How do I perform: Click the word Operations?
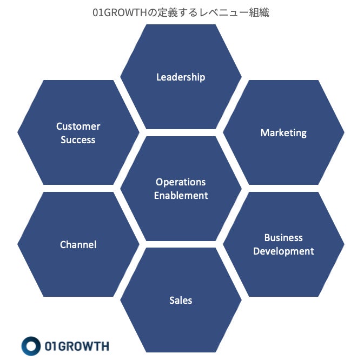click(x=181, y=182)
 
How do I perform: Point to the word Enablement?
click(x=181, y=196)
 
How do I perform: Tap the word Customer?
click(x=78, y=126)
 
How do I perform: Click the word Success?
click(x=78, y=140)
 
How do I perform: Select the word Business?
click(x=283, y=238)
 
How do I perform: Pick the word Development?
click(x=283, y=251)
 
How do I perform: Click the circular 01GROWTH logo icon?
click(x=31, y=346)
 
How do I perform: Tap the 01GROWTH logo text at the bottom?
click(x=78, y=346)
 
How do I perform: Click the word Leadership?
click(x=181, y=77)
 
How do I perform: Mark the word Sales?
click(x=181, y=301)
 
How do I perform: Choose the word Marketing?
click(x=283, y=133)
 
